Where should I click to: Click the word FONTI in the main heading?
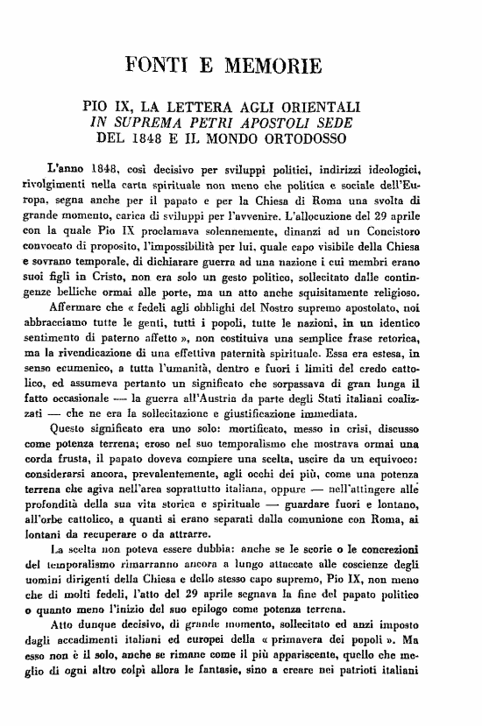click(159, 65)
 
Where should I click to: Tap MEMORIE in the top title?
click(273, 65)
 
